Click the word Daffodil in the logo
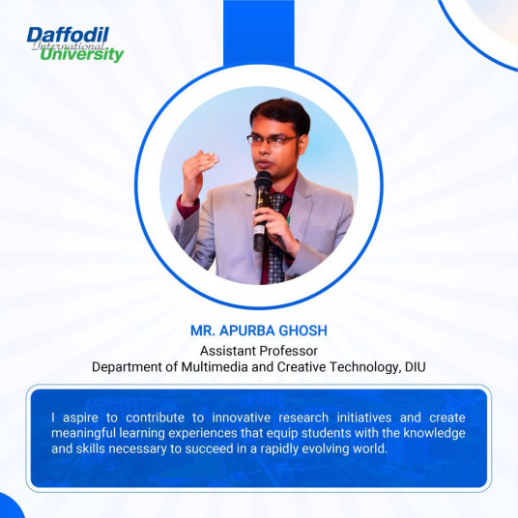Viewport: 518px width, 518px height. click(68, 35)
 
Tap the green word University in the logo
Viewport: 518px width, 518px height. click(82, 55)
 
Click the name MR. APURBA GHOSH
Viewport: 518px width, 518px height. click(259, 331)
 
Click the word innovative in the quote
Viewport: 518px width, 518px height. click(242, 417)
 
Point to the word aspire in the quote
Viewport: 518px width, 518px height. click(80, 418)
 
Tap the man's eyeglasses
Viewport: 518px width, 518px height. click(272, 141)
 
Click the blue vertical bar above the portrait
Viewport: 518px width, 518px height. click(259, 33)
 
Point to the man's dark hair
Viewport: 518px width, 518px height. click(281, 115)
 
